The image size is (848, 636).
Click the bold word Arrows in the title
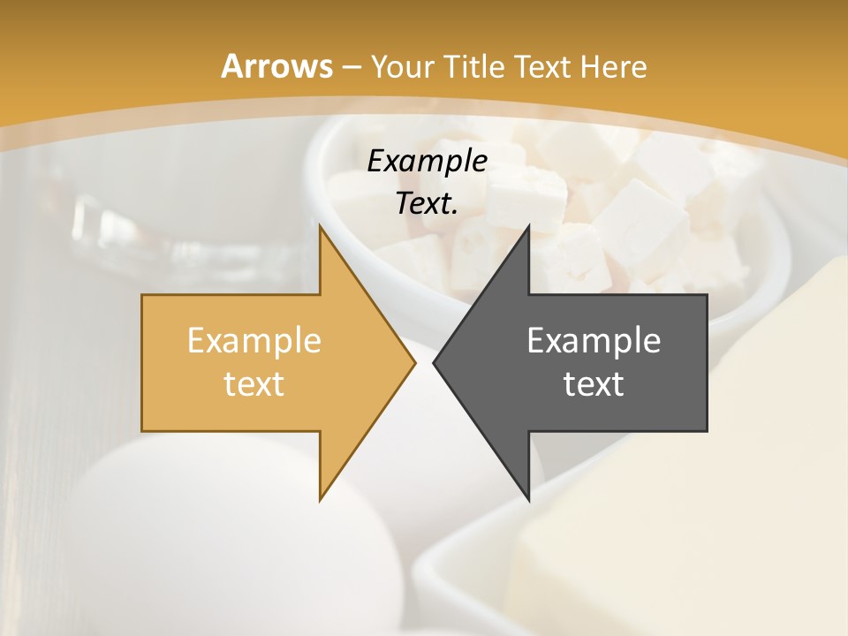click(x=276, y=66)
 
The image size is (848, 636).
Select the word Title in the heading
click(x=473, y=67)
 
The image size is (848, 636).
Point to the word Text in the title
click(x=542, y=67)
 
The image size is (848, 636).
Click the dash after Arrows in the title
click(x=351, y=67)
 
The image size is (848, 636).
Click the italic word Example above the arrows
click(x=427, y=162)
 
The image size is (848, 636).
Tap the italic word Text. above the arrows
click(x=427, y=204)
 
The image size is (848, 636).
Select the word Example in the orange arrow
click(x=254, y=341)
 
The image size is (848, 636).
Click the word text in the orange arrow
click(x=254, y=384)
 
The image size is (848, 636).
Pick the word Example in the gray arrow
click(x=594, y=341)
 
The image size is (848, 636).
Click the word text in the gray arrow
click(x=594, y=384)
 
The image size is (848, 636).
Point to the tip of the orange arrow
click(x=414, y=363)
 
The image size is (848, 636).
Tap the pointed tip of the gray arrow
click(x=434, y=363)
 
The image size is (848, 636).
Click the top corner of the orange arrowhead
click(x=320, y=227)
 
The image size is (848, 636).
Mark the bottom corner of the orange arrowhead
click(x=320, y=500)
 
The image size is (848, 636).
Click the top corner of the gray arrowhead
click(x=528, y=227)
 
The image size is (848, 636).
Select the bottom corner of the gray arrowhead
click(x=528, y=500)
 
